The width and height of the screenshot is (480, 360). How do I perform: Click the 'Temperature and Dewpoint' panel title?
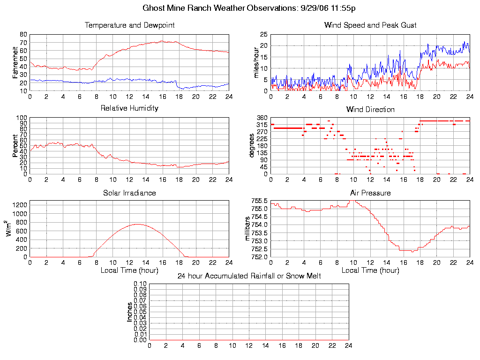(130, 25)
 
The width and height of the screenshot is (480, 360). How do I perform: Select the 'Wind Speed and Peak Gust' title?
(370, 25)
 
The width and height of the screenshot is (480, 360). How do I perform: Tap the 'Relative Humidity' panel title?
(130, 108)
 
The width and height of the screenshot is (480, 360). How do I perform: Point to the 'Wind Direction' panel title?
(370, 109)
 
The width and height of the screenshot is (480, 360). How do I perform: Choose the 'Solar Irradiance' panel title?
(130, 193)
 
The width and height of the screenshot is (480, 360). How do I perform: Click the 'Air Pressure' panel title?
(370, 193)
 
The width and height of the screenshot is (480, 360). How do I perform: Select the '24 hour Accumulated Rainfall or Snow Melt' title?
(249, 276)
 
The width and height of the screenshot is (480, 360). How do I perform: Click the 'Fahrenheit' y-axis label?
(15, 62)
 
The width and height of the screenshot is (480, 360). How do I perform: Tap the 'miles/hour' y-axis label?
(256, 62)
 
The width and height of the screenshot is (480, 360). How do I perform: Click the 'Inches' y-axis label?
(130, 312)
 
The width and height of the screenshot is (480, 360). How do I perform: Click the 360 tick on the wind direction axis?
(262, 118)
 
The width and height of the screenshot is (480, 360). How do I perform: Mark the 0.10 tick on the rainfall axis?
(140, 284)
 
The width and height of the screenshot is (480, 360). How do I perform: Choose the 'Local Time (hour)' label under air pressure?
(370, 270)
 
